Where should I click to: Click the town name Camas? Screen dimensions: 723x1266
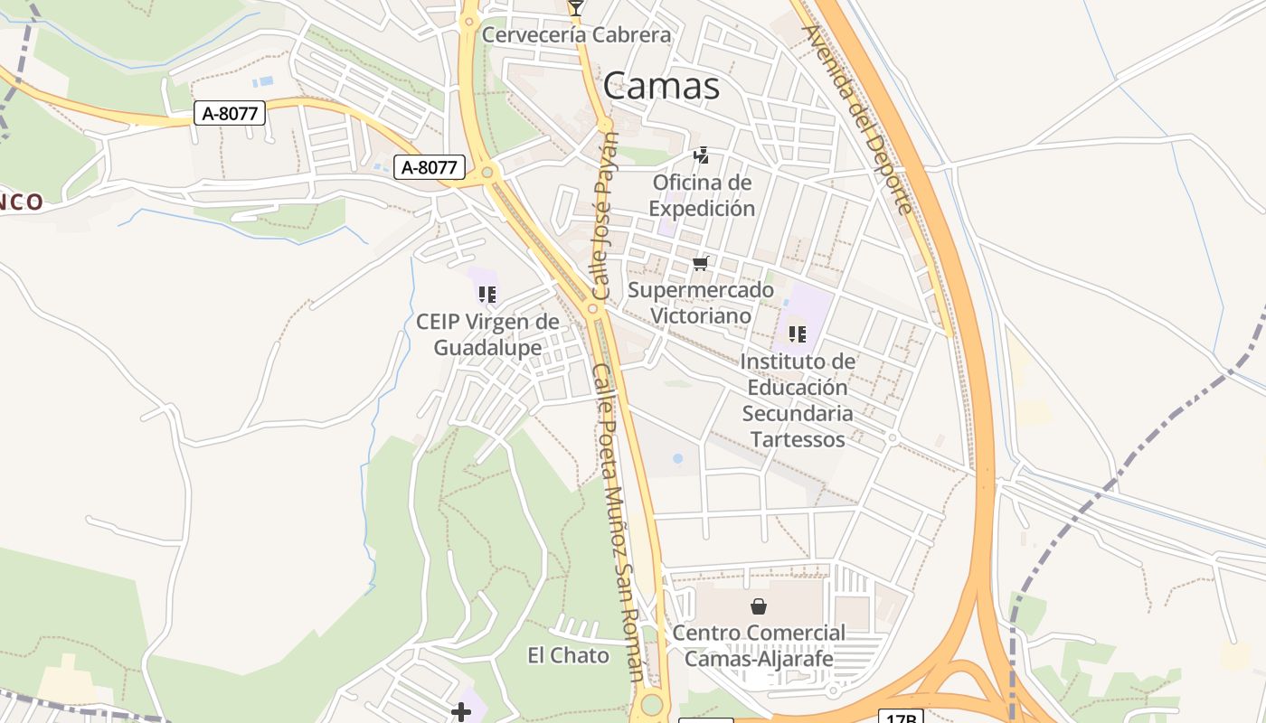pyautogui.click(x=661, y=86)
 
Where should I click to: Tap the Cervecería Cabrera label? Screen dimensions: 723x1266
pyautogui.click(x=576, y=35)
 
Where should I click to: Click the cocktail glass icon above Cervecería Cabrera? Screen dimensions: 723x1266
pyautogui.click(x=575, y=8)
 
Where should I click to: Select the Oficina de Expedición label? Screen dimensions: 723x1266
pyautogui.click(x=702, y=195)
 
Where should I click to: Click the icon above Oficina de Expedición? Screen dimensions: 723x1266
pyautogui.click(x=701, y=156)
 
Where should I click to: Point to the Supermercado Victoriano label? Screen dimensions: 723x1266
pyautogui.click(x=701, y=303)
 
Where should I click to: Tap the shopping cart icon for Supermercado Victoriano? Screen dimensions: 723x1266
pyautogui.click(x=700, y=264)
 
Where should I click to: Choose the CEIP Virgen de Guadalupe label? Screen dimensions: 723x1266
pyautogui.click(x=487, y=334)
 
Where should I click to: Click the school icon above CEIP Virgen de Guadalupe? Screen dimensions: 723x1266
pyautogui.click(x=487, y=295)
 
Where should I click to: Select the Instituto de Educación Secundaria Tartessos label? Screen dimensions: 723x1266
pyautogui.click(x=797, y=400)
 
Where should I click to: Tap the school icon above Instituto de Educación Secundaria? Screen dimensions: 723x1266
pyautogui.click(x=797, y=334)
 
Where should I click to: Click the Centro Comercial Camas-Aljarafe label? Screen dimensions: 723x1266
pyautogui.click(x=759, y=645)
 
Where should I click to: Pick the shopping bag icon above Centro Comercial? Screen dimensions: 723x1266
pyautogui.click(x=759, y=606)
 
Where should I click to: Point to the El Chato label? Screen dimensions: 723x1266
pyautogui.click(x=568, y=655)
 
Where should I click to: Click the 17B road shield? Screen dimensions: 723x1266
pyautogui.click(x=900, y=717)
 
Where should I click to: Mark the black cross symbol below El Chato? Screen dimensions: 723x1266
pyautogui.click(x=461, y=713)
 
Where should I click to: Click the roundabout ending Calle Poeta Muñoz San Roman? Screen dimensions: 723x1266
pyautogui.click(x=651, y=705)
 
